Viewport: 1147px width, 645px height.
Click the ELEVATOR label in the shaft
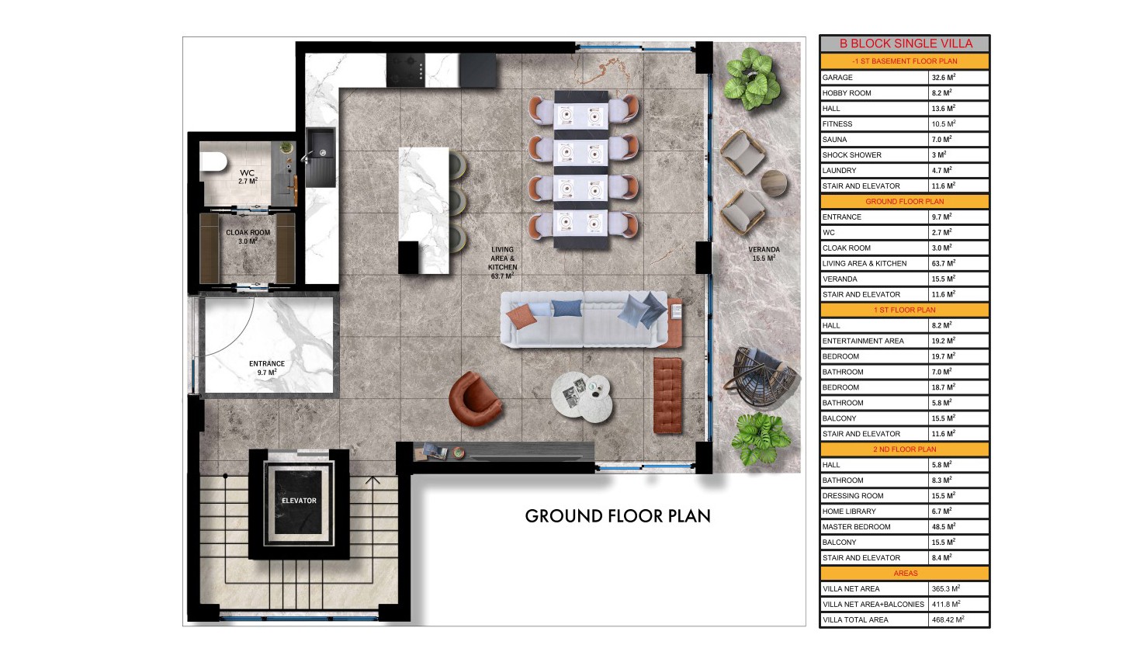(x=299, y=501)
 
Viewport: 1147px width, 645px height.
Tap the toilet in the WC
(x=213, y=161)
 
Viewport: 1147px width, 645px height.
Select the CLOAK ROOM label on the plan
(x=248, y=233)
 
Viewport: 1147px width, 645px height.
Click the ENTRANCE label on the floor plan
(x=267, y=364)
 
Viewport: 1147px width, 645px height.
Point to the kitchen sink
(x=321, y=157)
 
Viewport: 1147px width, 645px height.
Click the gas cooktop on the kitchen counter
(x=406, y=70)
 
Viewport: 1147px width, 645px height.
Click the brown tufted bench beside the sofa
(x=667, y=395)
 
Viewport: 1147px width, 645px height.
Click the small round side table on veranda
(x=774, y=183)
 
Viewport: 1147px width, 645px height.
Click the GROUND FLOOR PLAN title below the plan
(x=618, y=516)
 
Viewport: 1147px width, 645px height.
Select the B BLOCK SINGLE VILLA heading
(x=906, y=43)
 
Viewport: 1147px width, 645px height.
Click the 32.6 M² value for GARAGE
(x=944, y=78)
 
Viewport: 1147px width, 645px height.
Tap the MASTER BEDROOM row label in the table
(x=856, y=527)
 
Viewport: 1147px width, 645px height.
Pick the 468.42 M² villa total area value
(x=948, y=619)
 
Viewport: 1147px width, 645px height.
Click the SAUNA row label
(x=835, y=140)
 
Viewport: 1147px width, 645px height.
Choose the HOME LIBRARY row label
(x=849, y=511)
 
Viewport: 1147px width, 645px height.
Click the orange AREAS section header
(x=905, y=574)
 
